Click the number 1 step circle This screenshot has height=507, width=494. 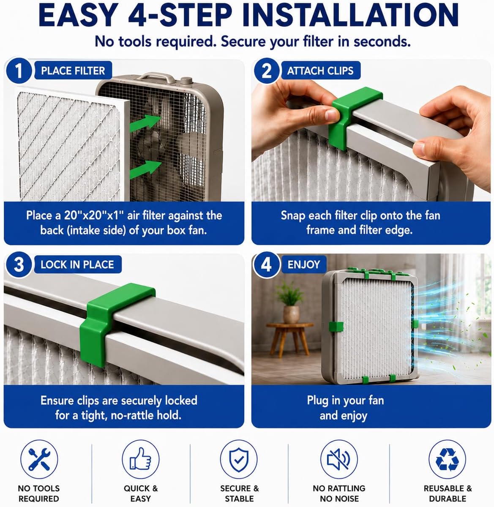pyautogui.click(x=18, y=71)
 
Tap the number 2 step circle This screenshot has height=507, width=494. pyautogui.click(x=266, y=71)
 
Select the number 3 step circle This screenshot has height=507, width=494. pyautogui.click(x=18, y=265)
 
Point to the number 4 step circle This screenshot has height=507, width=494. pyautogui.click(x=266, y=265)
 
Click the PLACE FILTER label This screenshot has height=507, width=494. pyautogui.click(x=73, y=71)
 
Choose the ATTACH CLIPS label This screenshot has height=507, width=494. pyautogui.click(x=320, y=71)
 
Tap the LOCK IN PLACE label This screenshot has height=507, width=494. pyautogui.click(x=77, y=264)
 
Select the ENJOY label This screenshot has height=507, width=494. pyautogui.click(x=304, y=264)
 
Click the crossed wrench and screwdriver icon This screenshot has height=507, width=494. pyautogui.click(x=39, y=459)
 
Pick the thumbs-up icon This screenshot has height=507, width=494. pyautogui.click(x=140, y=459)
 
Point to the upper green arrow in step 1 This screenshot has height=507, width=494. pyautogui.click(x=145, y=122)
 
